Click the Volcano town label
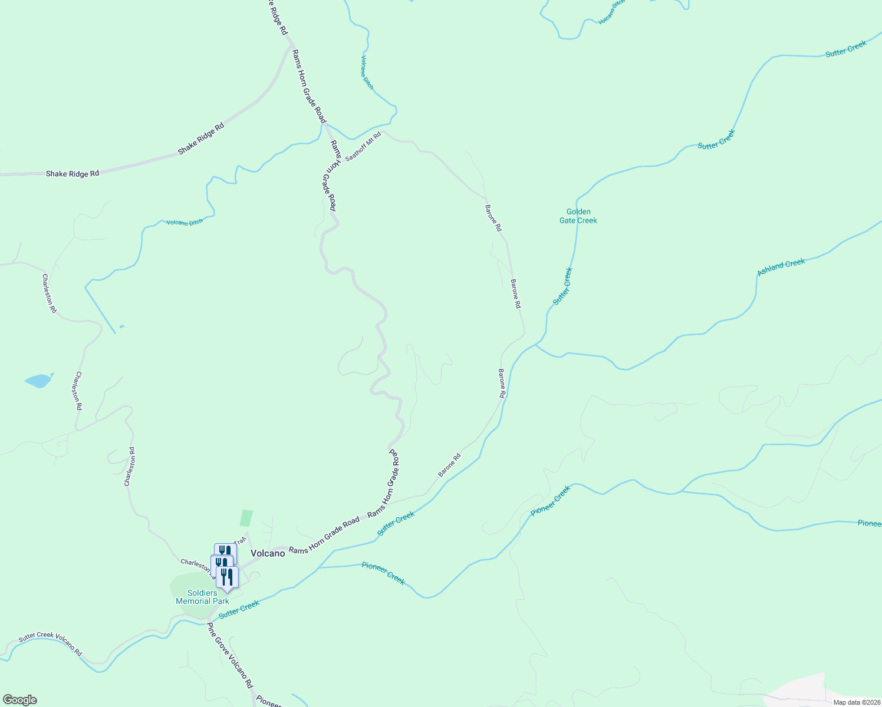pyautogui.click(x=268, y=553)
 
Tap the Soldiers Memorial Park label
pyautogui.click(x=202, y=597)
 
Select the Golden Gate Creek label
pyautogui.click(x=578, y=216)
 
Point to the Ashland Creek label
pyautogui.click(x=781, y=267)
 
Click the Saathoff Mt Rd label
pyautogui.click(x=363, y=147)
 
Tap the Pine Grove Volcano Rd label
pyautogui.click(x=230, y=655)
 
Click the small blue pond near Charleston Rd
pyautogui.click(x=38, y=381)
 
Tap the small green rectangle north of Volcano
pyautogui.click(x=246, y=518)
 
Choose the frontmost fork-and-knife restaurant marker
pyautogui.click(x=227, y=578)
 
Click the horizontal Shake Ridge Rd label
pyautogui.click(x=73, y=174)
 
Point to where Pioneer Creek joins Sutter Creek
pyautogui.click(x=318, y=568)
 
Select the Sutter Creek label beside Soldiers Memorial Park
pyautogui.click(x=239, y=609)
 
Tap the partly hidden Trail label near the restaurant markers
pyautogui.click(x=239, y=541)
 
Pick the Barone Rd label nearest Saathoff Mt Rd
pyautogui.click(x=493, y=217)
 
